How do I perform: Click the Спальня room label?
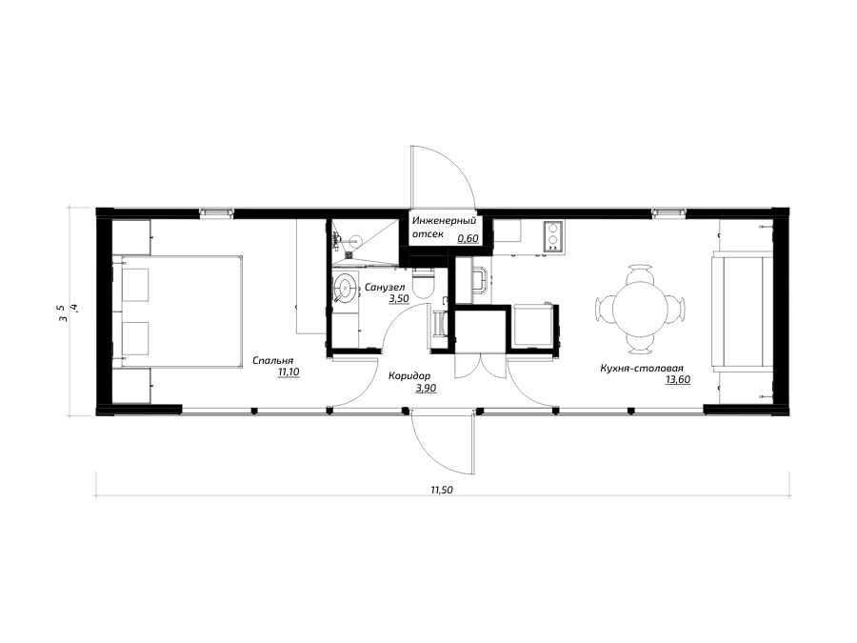coord(272,360)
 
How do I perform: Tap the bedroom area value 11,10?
coord(289,372)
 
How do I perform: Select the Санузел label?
coord(385,287)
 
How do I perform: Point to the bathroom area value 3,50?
coord(398,299)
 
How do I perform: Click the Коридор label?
coord(409,376)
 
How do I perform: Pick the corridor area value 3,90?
coord(426,389)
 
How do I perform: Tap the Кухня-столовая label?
coord(642,369)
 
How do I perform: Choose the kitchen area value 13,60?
coord(678,380)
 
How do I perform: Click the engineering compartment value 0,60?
coord(468,238)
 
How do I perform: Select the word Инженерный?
coord(445,221)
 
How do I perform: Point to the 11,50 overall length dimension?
coord(442,490)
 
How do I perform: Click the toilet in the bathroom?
coord(424,283)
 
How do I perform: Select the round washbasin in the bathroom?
coord(346,286)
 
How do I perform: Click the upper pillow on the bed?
coord(135,284)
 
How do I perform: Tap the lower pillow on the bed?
coord(135,338)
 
